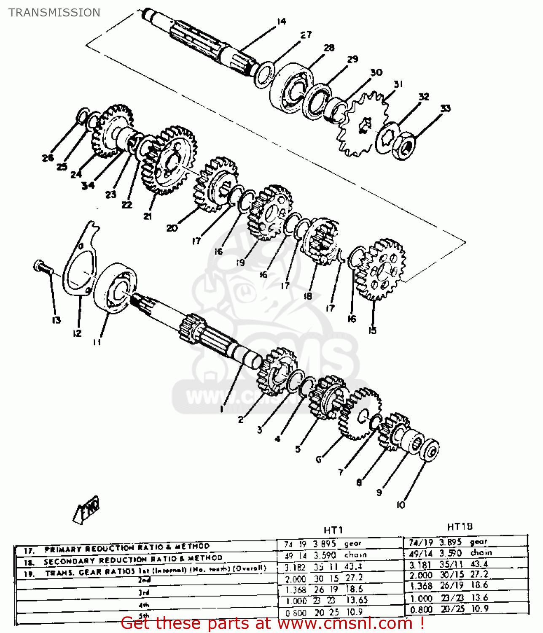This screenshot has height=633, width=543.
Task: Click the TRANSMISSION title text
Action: click(x=54, y=13)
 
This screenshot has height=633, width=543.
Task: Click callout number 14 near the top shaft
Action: click(x=282, y=21)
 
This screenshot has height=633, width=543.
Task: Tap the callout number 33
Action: click(x=445, y=108)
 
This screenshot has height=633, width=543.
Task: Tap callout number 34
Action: click(x=88, y=185)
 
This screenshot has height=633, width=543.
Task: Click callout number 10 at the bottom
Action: click(x=401, y=505)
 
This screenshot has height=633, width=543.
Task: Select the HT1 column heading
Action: click(x=333, y=530)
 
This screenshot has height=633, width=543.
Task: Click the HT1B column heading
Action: click(x=460, y=527)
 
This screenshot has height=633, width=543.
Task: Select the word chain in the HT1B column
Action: click(x=481, y=552)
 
